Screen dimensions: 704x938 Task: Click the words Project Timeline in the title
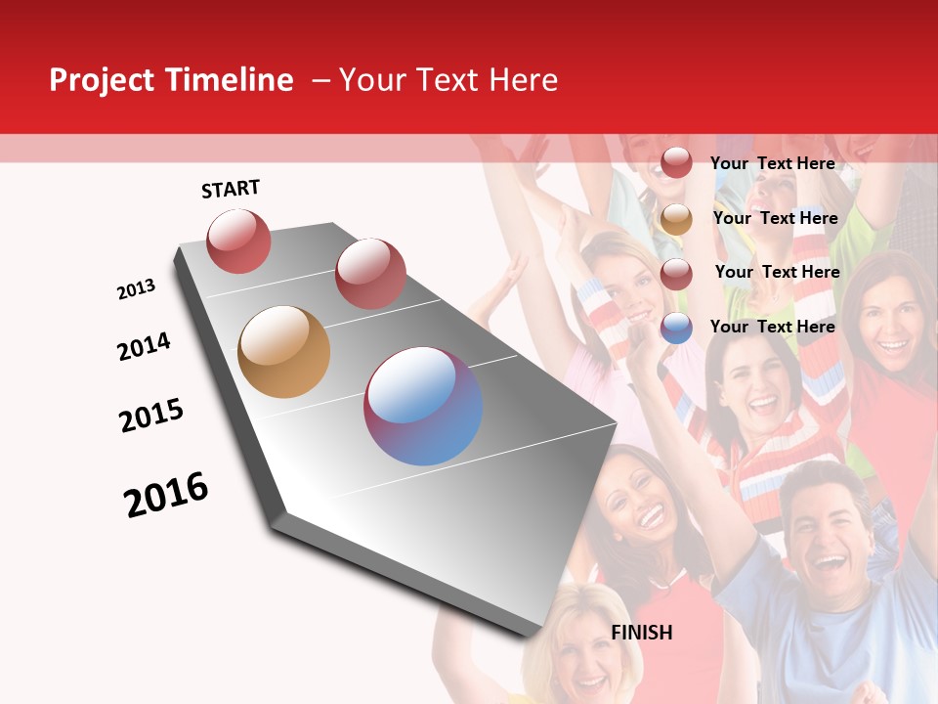[x=171, y=80]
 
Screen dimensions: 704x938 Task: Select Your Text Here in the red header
[x=448, y=80]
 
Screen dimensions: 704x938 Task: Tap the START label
[x=231, y=189]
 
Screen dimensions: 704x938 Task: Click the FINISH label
[x=642, y=633]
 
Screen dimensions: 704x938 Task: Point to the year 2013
[x=136, y=289]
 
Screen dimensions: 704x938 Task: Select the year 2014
[x=144, y=347]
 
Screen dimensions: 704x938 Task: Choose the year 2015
[x=151, y=416]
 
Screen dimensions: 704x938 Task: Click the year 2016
[x=166, y=495]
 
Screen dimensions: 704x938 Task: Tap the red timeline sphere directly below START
[x=238, y=241]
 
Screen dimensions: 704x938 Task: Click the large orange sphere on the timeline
[x=283, y=352]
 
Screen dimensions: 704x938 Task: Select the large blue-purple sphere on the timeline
[x=423, y=405]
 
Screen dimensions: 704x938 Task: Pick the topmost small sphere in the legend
[x=676, y=163]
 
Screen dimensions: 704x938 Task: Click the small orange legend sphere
[x=676, y=219]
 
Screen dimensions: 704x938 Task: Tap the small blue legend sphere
[x=676, y=328]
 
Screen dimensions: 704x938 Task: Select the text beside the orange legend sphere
[x=775, y=218]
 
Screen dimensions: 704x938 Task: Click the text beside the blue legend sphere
[x=772, y=327]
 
